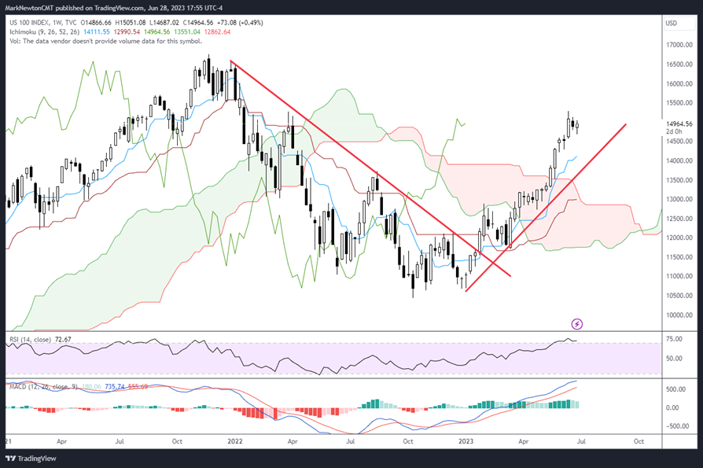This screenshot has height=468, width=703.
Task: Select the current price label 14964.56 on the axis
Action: click(678, 123)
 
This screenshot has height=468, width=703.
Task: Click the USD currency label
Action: click(672, 23)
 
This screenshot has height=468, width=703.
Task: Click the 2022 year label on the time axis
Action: click(235, 441)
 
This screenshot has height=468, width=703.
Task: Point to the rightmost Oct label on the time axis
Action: click(639, 441)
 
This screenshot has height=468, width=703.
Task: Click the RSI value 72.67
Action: click(63, 339)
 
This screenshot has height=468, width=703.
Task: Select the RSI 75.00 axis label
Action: click(674, 339)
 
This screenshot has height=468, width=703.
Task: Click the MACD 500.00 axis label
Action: click(675, 389)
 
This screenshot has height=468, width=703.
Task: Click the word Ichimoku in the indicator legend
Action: click(24, 32)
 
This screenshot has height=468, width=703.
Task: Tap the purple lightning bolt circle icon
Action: click(576, 323)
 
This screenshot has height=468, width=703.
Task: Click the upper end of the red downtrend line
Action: click(230, 61)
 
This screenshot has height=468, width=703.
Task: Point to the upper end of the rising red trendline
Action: click(626, 124)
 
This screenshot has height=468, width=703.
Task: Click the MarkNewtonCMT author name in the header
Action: click(32, 8)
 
